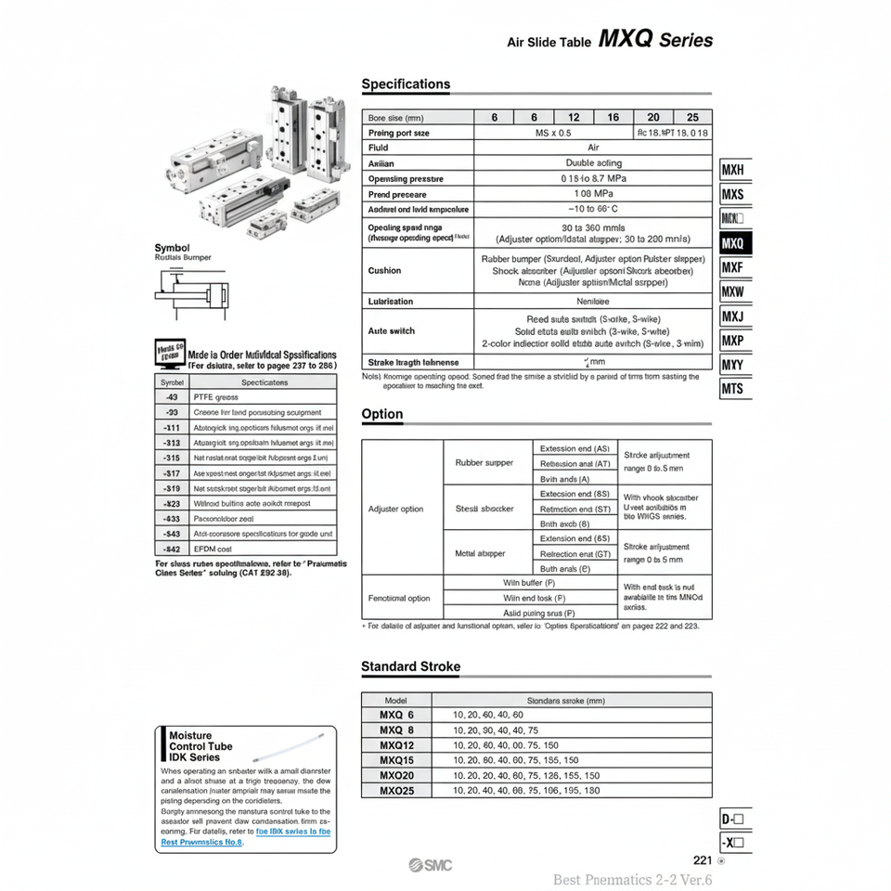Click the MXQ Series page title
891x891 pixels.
click(656, 40)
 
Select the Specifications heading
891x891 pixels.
click(406, 84)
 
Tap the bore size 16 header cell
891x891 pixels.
click(613, 118)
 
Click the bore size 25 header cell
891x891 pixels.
click(692, 118)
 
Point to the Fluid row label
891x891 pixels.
click(379, 148)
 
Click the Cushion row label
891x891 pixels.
click(385, 271)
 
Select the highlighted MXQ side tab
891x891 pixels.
click(734, 244)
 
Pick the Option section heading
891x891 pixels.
click(382, 414)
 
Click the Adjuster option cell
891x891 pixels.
click(396, 509)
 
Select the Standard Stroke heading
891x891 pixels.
click(410, 666)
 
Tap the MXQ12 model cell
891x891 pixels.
click(396, 745)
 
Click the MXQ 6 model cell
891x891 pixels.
click(396, 716)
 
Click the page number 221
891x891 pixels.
click(702, 860)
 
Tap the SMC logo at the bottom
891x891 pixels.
click(433, 866)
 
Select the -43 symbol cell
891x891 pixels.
click(172, 397)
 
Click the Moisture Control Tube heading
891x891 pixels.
click(200, 746)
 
